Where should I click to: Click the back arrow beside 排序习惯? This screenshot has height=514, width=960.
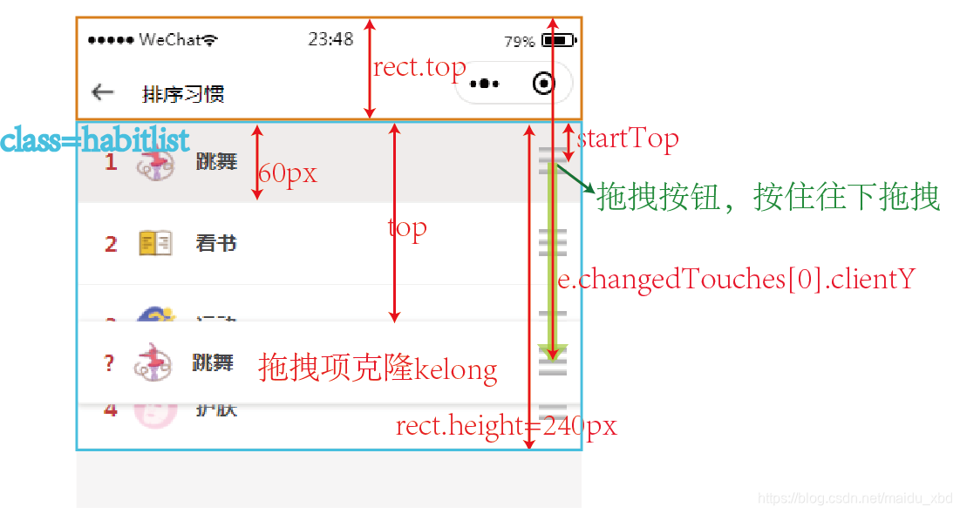103,92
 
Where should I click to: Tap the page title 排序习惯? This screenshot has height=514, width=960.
183,93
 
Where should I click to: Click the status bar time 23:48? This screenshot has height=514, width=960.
330,39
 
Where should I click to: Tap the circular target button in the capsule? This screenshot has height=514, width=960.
544,84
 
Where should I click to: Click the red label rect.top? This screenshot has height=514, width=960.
419,68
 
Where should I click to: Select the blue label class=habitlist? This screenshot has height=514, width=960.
95,140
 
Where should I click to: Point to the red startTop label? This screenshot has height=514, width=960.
628,138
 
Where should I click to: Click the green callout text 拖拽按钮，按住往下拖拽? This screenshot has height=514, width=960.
768,198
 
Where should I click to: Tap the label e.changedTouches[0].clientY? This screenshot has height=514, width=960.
737,279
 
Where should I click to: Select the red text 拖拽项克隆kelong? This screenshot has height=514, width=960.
378,369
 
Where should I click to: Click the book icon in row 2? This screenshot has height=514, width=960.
155,243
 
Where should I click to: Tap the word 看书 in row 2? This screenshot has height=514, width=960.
216,243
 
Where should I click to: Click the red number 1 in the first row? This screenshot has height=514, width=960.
111,162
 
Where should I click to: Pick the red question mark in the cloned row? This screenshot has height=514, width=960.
109,363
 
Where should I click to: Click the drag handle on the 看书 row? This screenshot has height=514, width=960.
553,242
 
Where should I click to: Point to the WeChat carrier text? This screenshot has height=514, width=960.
171,40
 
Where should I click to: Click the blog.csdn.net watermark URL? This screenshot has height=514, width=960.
855,498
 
